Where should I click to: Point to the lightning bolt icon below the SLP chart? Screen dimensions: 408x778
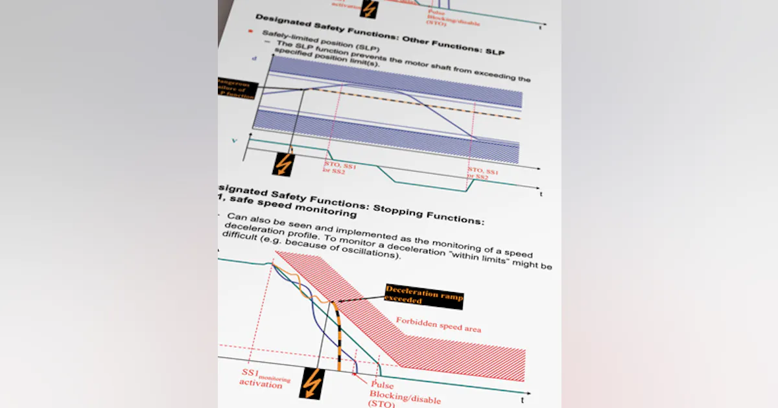click(283, 164)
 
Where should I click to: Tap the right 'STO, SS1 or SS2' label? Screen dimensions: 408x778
click(482, 173)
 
